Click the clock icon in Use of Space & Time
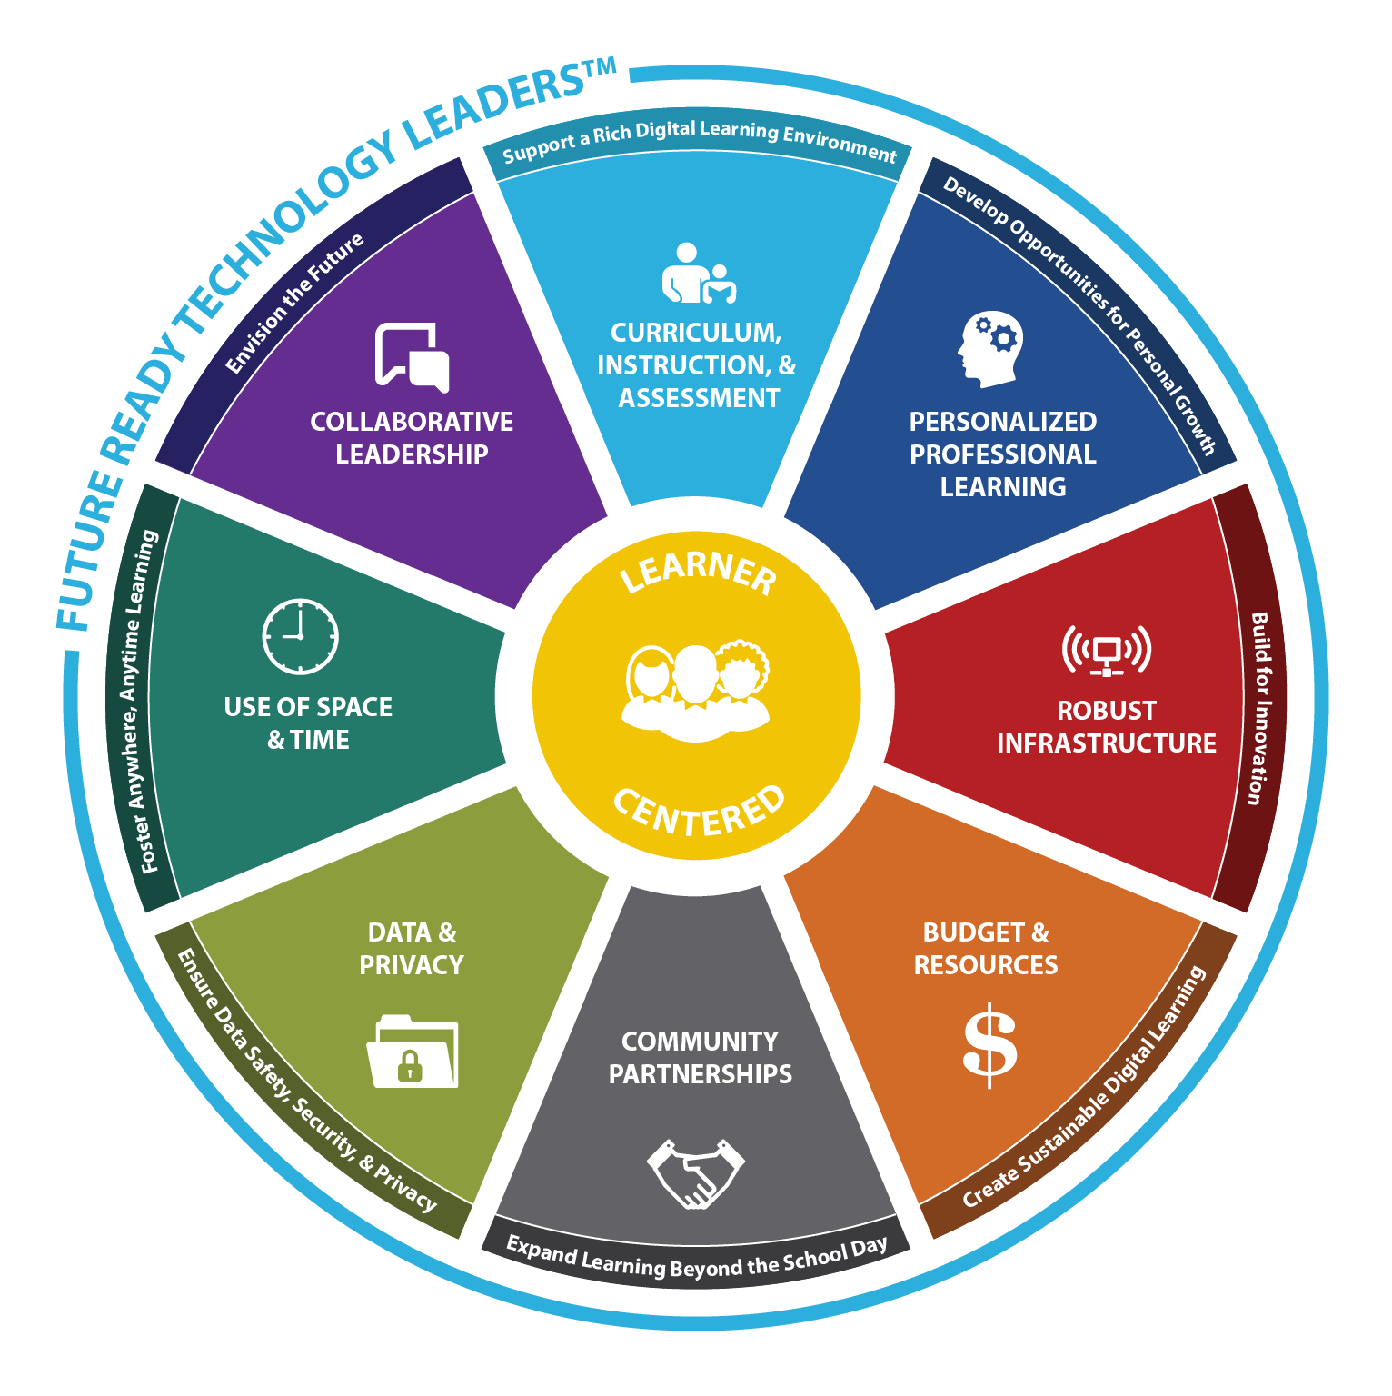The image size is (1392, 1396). click(x=300, y=636)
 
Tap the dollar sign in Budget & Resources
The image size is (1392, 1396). click(x=989, y=1044)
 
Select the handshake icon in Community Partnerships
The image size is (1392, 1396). click(x=696, y=1173)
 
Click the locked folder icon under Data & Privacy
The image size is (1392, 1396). click(x=413, y=1052)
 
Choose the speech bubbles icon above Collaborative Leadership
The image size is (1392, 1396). click(x=413, y=357)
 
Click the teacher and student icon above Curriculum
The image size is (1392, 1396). click(x=698, y=274)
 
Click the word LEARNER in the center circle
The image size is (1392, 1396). click(x=698, y=571)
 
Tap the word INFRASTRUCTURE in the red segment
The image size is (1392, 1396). click(x=1106, y=743)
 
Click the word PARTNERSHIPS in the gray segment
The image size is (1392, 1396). click(x=700, y=1074)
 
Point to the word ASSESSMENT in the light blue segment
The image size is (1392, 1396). click(x=699, y=398)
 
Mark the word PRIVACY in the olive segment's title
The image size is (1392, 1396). click(x=411, y=965)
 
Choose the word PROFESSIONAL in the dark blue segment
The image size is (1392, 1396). click(x=1003, y=454)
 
